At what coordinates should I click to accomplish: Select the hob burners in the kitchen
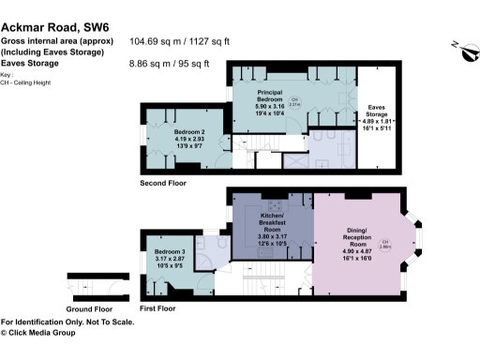coord(277,206)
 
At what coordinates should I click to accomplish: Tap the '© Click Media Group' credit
coord(43,332)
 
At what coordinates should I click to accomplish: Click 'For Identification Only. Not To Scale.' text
coord(67,322)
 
